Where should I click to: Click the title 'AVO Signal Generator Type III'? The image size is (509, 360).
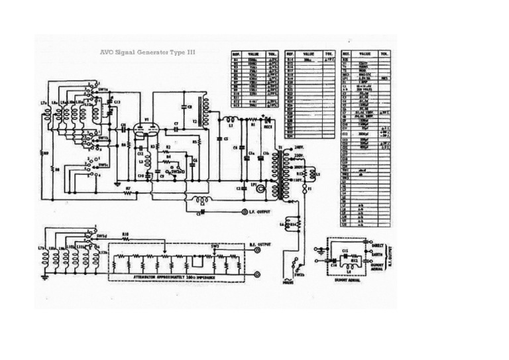pos(147,51)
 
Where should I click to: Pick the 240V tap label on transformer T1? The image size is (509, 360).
pos(299,147)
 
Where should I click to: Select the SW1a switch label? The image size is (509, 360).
pos(103,88)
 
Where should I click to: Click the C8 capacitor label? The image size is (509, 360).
pos(190,105)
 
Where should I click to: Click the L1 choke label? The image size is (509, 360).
pos(230,124)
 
